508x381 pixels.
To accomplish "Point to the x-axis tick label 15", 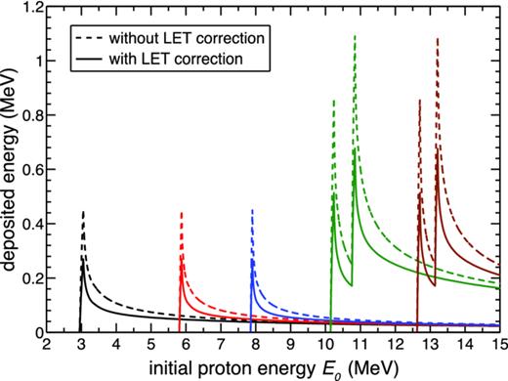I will click(497, 345).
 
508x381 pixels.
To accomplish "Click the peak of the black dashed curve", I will click(83, 211).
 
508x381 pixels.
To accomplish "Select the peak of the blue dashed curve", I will click(253, 209).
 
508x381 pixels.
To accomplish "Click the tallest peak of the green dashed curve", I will click(354, 35).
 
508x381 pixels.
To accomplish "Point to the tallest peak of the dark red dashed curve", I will click(437, 39).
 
